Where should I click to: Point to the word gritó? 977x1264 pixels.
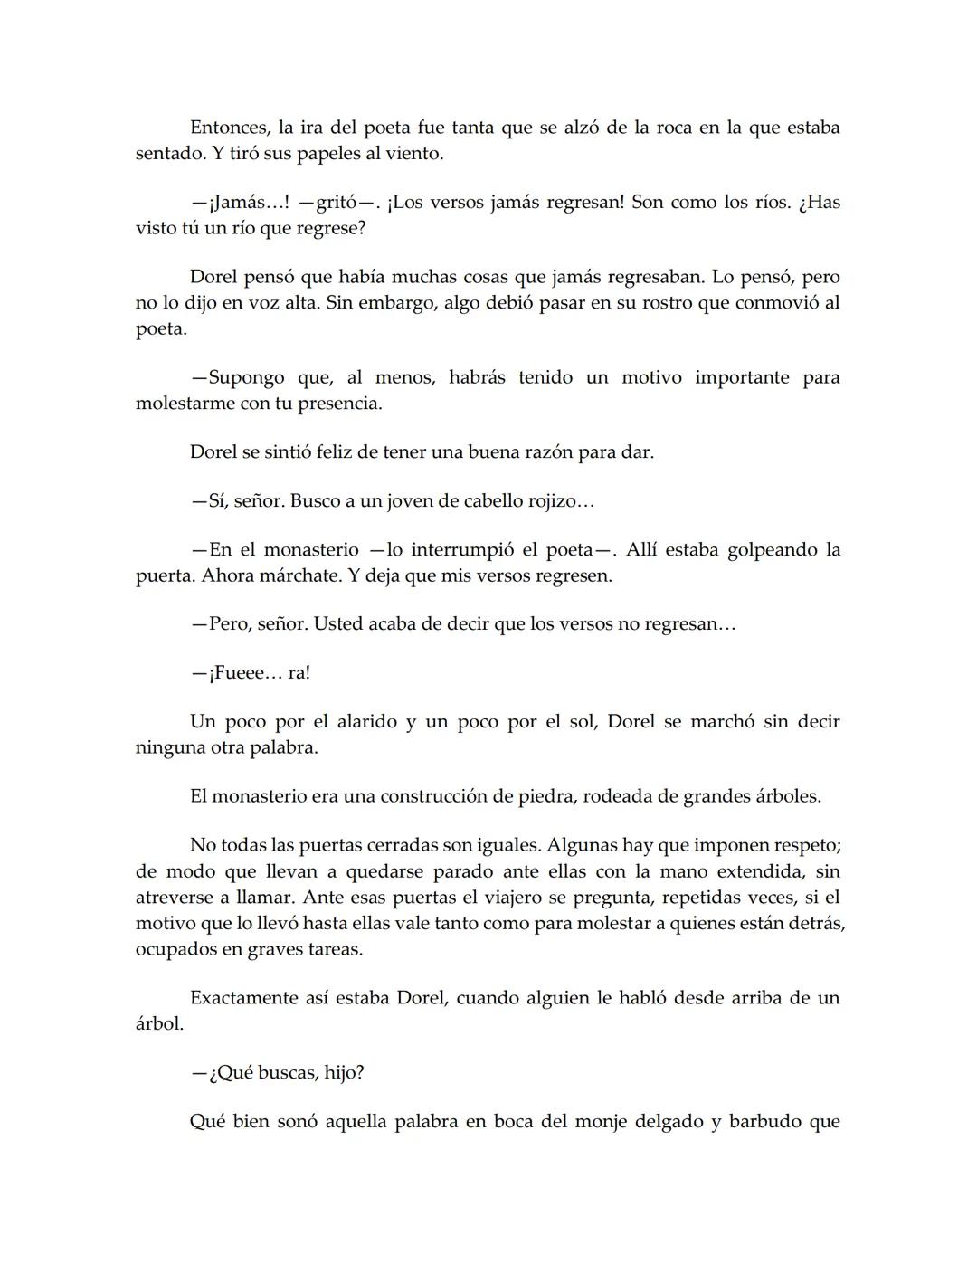337,202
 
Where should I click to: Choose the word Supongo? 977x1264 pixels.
246,377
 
